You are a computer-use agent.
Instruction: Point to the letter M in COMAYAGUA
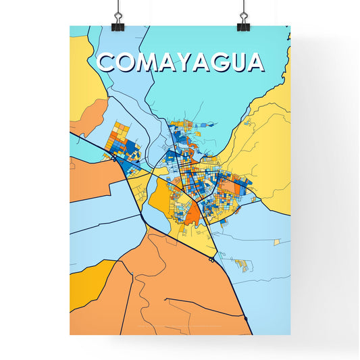tap(147, 62)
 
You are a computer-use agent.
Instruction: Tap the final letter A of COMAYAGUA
tap(255, 62)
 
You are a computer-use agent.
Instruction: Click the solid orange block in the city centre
tap(192, 215)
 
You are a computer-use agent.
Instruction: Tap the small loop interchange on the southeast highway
tap(213, 257)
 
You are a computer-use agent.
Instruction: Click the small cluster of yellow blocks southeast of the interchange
tap(240, 263)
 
